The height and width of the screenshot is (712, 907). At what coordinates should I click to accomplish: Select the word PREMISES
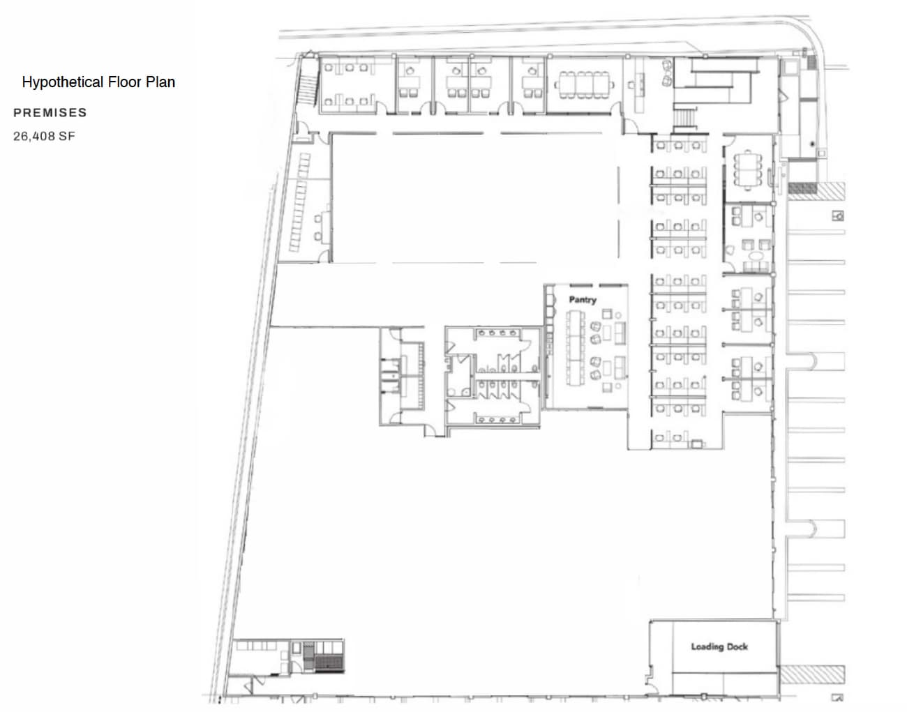pos(50,113)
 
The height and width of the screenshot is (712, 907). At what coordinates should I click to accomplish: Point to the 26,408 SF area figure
pos(44,137)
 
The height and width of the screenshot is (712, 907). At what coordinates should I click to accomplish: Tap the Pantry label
pos(583,300)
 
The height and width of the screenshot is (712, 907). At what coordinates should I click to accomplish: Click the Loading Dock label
pos(719,647)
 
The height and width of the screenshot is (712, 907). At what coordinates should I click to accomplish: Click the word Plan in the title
pos(160,82)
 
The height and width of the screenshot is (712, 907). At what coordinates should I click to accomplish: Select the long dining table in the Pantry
pos(576,349)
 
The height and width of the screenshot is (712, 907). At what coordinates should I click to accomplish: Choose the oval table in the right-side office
pos(755,265)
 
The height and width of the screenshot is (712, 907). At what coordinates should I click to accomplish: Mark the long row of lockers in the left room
pos(299,202)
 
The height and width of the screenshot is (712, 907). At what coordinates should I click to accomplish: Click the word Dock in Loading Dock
pos(736,647)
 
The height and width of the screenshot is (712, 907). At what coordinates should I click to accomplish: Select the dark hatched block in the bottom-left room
pos(329,657)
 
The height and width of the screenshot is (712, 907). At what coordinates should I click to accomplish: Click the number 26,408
pos(34,137)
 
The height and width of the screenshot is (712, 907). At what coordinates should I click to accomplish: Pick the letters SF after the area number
pos(67,137)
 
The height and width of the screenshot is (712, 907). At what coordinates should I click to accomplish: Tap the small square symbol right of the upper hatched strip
pos(838,216)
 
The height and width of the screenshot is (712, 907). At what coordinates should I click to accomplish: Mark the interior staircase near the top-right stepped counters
pos(684,118)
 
